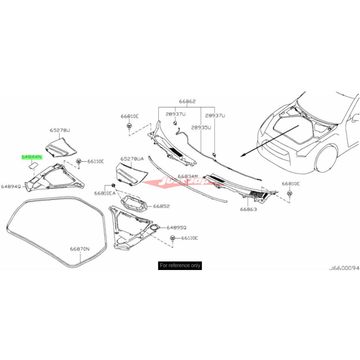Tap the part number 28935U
(x=202, y=128)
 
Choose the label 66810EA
(x=105, y=193)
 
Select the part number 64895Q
(x=176, y=227)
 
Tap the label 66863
(x=249, y=209)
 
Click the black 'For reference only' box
(x=180, y=265)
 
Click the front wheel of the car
(x=326, y=159)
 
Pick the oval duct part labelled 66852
(x=134, y=204)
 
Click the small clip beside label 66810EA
(x=114, y=185)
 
